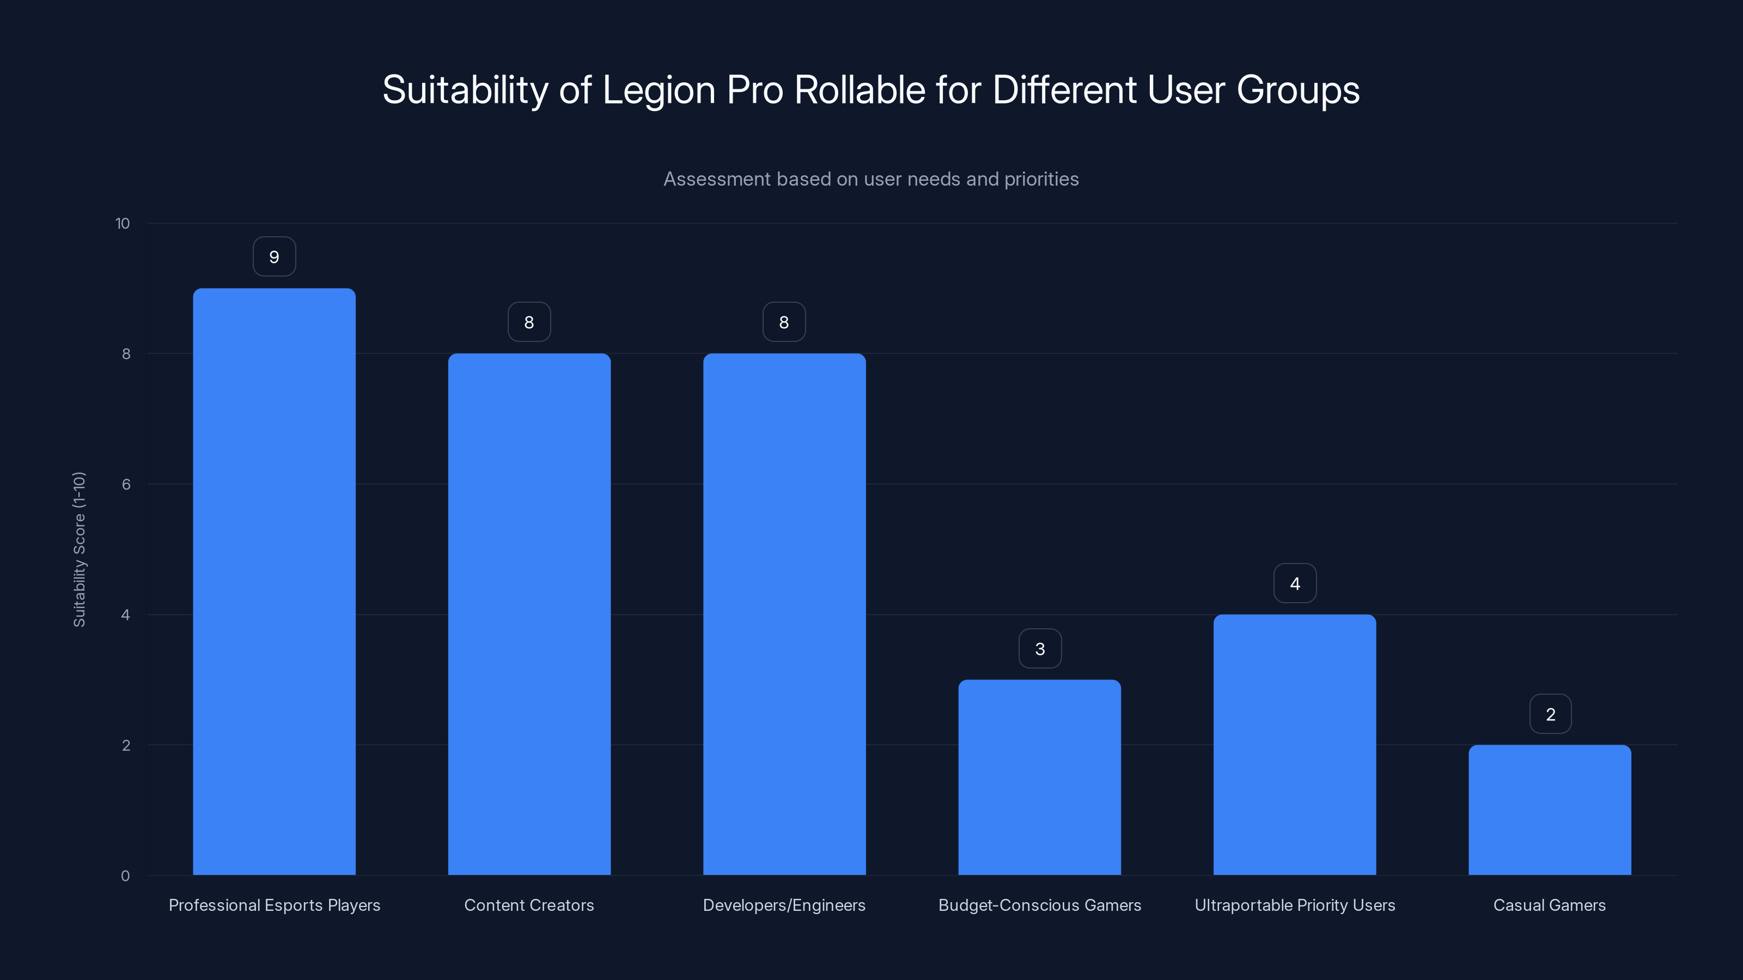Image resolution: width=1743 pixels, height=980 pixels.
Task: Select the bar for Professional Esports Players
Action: click(274, 581)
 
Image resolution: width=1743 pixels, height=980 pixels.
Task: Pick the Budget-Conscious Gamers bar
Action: click(1039, 778)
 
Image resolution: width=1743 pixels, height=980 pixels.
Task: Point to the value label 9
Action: click(274, 257)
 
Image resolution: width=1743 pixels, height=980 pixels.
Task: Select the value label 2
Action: click(1550, 714)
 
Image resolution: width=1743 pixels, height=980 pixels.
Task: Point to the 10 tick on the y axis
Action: click(123, 224)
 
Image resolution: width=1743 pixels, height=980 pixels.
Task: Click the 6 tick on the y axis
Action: click(126, 484)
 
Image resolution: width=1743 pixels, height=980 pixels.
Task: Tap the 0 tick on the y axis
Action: click(125, 876)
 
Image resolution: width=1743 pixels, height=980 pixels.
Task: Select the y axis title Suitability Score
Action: click(79, 549)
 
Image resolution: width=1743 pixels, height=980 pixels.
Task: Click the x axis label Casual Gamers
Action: click(1550, 905)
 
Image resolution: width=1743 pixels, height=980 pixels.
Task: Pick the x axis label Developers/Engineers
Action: click(784, 905)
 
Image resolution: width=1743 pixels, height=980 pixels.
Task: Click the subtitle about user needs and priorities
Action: click(871, 179)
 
